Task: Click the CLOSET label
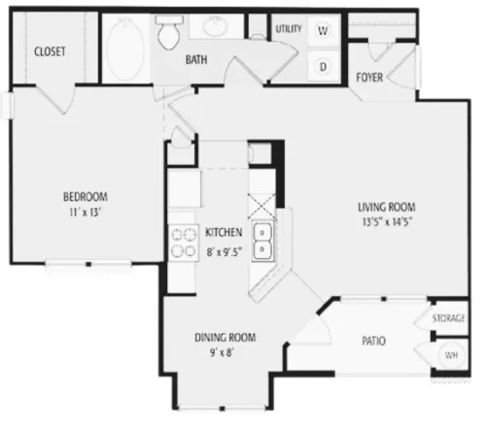(50, 51)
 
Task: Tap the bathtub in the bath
(125, 49)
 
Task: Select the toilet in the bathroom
(169, 32)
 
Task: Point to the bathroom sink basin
(214, 26)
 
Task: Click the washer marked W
(323, 30)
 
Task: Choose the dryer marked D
(323, 67)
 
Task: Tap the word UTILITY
(289, 29)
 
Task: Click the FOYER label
(369, 78)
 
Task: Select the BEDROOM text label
(86, 197)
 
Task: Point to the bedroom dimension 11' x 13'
(86, 213)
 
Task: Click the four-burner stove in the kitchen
(184, 243)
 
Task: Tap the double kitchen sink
(262, 241)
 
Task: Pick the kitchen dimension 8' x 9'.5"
(225, 251)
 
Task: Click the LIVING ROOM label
(387, 207)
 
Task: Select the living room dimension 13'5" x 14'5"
(387, 222)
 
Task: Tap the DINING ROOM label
(226, 338)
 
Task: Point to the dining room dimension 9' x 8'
(222, 352)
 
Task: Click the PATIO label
(373, 341)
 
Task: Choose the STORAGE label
(448, 318)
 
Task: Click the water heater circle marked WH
(451, 355)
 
